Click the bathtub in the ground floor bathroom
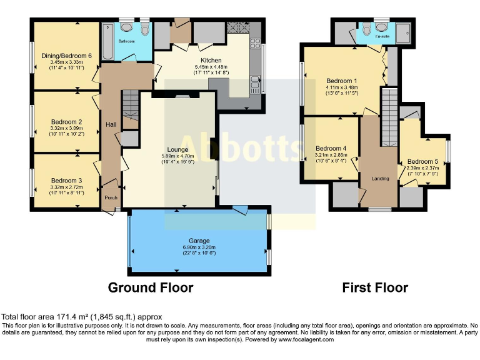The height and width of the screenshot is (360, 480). [x=107, y=41]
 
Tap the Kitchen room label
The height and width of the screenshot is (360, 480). [x=195, y=60]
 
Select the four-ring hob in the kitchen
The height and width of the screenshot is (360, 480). [x=255, y=43]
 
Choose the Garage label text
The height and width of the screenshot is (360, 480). [x=199, y=240]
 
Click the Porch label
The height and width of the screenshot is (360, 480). [x=111, y=198]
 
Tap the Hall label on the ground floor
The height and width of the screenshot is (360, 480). [x=111, y=125]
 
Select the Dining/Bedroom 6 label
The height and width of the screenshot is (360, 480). [x=66, y=56]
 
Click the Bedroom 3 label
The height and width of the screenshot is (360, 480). [x=66, y=179]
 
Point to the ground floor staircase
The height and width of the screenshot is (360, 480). [x=129, y=103]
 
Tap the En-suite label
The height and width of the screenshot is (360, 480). [x=382, y=36]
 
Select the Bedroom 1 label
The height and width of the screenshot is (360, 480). [x=342, y=81]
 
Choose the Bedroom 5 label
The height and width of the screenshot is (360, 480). [x=422, y=161]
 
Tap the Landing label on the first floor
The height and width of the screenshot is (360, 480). [x=380, y=179]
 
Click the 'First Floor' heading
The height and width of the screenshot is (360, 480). [x=375, y=287]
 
